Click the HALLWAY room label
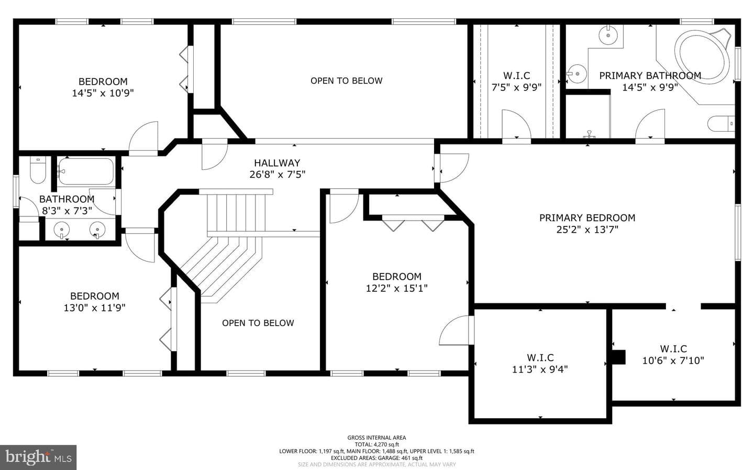pos(277,163)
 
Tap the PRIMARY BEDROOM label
pos(587,218)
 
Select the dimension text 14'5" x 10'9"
pos(103,93)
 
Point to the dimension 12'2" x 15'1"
pos(397,288)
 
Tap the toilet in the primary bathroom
pos(720,123)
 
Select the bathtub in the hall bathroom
pos(86,171)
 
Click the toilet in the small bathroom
pos(38,170)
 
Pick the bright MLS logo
pos(38,457)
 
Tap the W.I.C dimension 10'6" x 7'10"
pos(673,361)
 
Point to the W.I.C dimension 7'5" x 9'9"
pos(517,87)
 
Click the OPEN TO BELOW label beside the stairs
pos(258,323)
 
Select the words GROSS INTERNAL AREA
pos(376,438)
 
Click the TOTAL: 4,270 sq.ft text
pos(376,444)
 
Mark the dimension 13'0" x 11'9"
pos(95,307)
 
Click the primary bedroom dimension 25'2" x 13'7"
pos(587,230)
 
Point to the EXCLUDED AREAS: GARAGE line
pos(376,458)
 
